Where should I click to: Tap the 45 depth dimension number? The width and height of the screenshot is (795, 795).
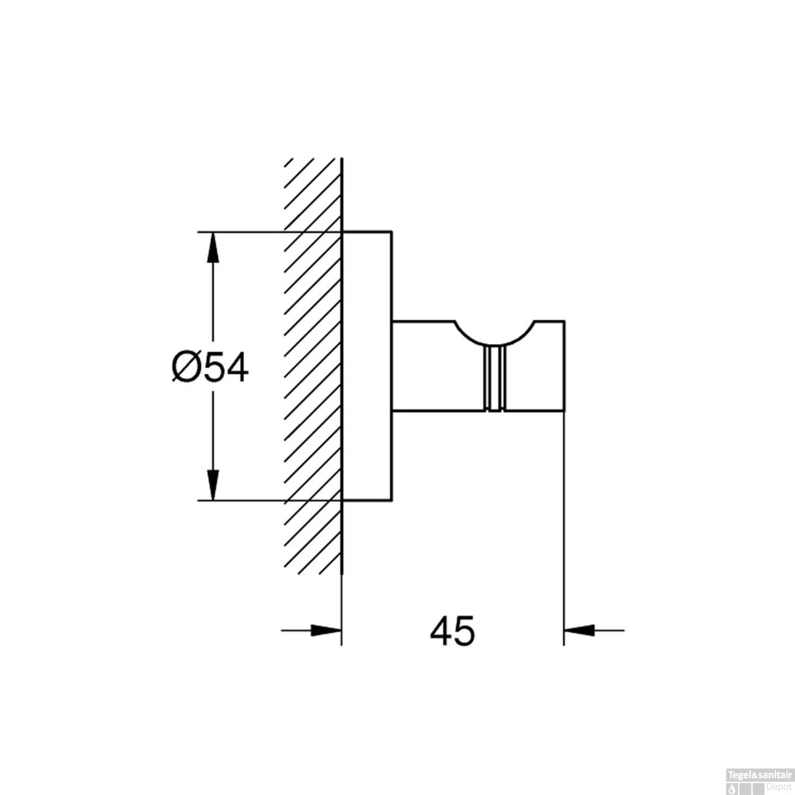point(453,631)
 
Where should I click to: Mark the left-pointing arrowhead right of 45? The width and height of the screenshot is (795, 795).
point(579,631)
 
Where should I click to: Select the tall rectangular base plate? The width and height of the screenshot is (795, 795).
point(367,366)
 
